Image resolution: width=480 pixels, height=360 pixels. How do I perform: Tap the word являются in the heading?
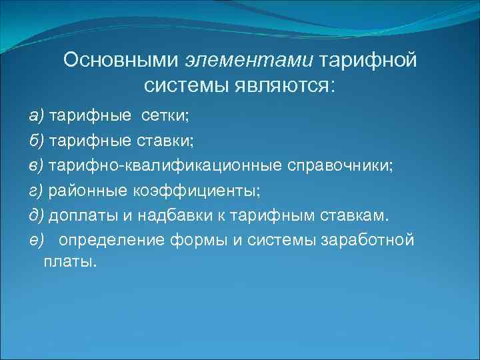click(285, 86)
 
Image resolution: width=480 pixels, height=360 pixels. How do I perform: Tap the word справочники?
click(341, 165)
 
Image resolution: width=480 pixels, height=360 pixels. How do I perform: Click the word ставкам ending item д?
click(357, 215)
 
